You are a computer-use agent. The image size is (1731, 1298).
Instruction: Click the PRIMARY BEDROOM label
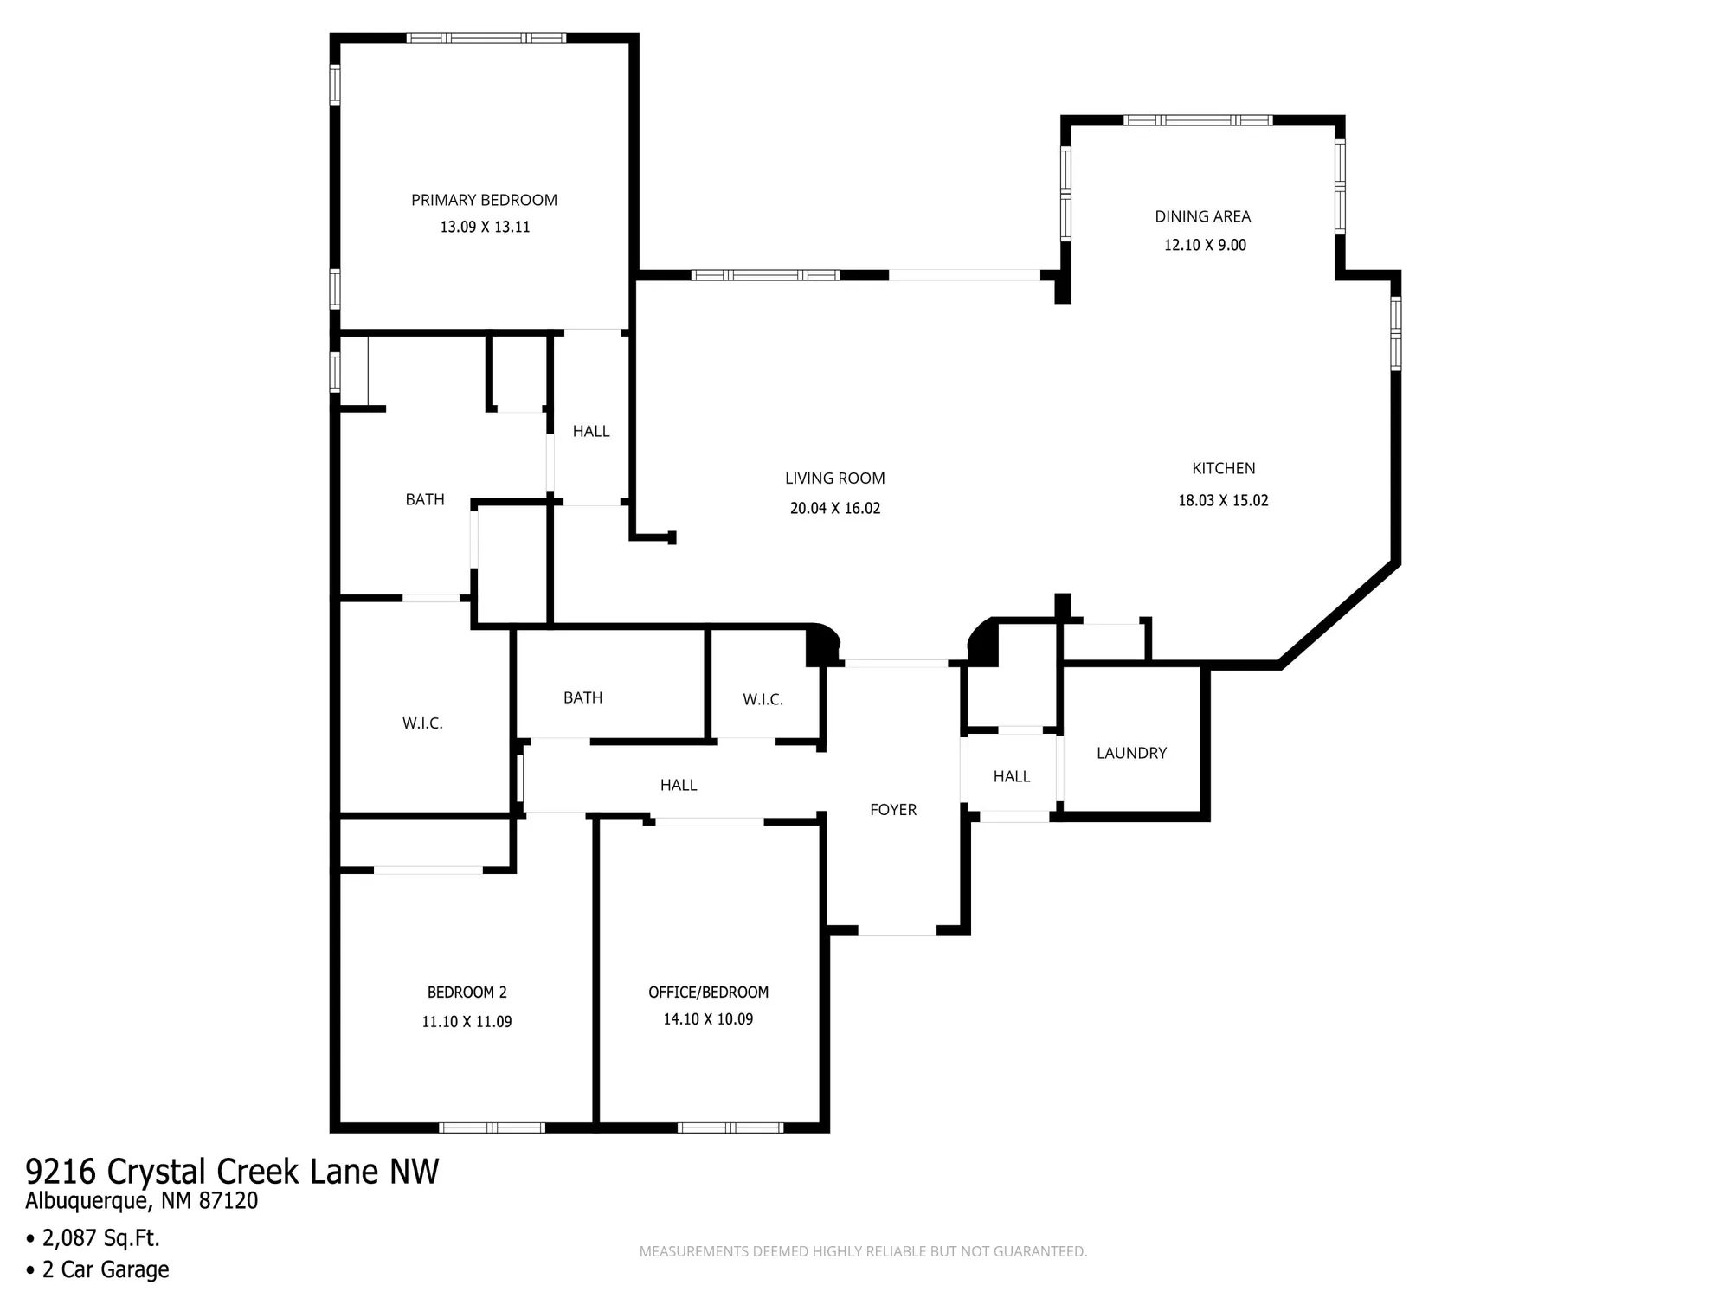(x=484, y=200)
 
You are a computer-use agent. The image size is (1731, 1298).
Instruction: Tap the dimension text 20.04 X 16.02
(x=834, y=508)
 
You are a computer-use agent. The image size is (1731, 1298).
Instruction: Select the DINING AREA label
(x=1202, y=216)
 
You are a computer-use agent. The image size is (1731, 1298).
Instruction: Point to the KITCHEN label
(x=1223, y=468)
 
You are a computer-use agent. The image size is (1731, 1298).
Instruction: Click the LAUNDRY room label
(x=1131, y=753)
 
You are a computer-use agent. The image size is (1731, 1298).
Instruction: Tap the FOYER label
(x=892, y=810)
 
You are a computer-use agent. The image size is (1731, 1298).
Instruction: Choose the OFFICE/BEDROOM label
(x=708, y=992)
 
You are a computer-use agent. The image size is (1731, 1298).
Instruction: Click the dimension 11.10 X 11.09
(x=467, y=1021)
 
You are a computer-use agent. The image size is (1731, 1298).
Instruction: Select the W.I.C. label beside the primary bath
(x=422, y=723)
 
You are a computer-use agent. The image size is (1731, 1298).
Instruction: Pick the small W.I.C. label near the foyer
(x=763, y=699)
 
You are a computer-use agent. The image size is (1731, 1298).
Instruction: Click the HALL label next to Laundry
(x=1011, y=776)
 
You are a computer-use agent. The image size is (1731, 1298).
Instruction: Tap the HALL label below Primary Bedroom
(x=591, y=431)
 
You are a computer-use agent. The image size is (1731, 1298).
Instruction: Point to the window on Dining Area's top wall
(x=1197, y=120)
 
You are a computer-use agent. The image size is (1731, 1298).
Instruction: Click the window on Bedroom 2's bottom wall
(x=492, y=1128)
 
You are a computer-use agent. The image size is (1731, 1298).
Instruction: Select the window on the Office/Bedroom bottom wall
(x=730, y=1128)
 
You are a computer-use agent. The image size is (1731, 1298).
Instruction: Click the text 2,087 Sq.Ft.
(x=100, y=1237)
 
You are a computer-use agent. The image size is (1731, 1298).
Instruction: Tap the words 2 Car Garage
(x=106, y=1269)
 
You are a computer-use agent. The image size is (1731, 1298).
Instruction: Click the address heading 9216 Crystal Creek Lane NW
(x=232, y=1171)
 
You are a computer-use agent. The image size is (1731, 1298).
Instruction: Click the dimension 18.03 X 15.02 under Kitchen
(x=1223, y=500)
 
